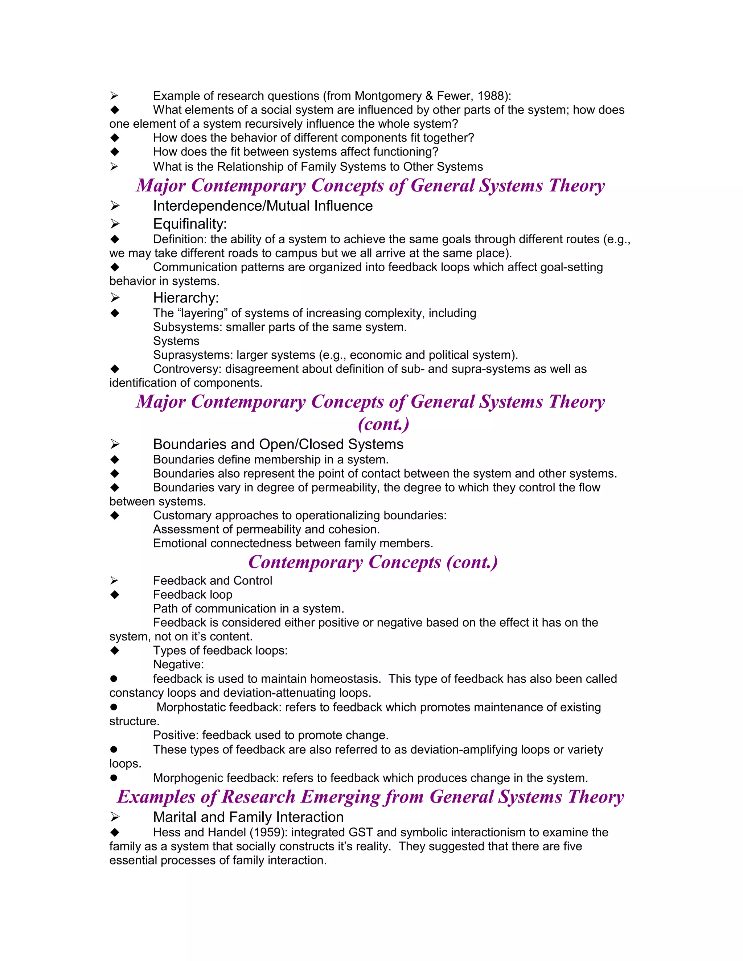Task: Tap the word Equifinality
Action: pyautogui.click(x=189, y=224)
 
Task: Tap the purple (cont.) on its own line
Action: pyautogui.click(x=383, y=424)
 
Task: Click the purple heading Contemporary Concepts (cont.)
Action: pyautogui.click(x=373, y=562)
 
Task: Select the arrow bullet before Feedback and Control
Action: pyautogui.click(x=114, y=581)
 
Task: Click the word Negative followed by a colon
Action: pyautogui.click(x=177, y=664)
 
